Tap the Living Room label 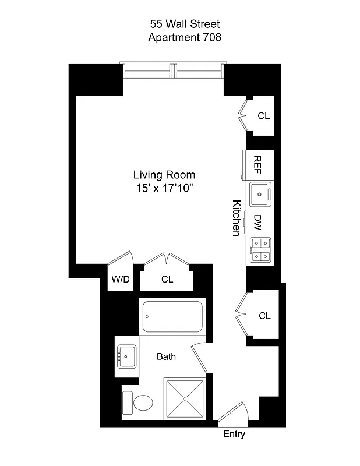pos(164,175)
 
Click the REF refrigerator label pos(257,165)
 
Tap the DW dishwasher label pos(257,222)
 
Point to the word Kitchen pos(237,218)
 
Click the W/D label pos(121,280)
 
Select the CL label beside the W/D pos(167,280)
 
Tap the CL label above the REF pos(263,116)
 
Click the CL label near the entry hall pos(264,316)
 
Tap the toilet pos(138,402)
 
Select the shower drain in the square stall pos(185,399)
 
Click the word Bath pos(166,356)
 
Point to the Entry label pos(234,434)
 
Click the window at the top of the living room pos(174,70)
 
